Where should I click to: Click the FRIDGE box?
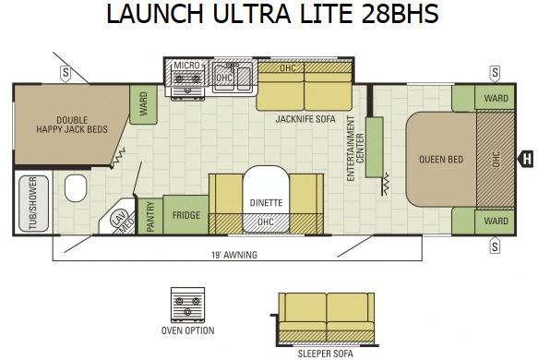click(185, 215)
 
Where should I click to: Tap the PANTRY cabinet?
click(149, 216)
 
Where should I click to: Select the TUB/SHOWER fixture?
click(33, 203)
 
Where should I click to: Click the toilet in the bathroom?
click(75, 187)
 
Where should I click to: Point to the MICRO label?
click(186, 66)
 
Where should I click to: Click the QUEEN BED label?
click(441, 160)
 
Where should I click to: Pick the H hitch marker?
click(526, 160)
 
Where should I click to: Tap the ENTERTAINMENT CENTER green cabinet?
click(374, 147)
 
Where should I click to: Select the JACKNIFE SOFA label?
click(305, 119)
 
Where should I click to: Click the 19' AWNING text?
click(234, 255)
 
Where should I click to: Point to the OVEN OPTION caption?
click(187, 330)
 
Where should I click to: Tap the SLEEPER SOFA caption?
click(325, 354)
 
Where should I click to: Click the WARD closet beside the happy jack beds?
click(143, 104)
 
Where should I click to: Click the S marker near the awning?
click(495, 246)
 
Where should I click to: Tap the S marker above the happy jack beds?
click(66, 74)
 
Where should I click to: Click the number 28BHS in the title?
click(400, 14)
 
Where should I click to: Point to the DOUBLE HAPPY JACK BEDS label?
click(72, 125)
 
